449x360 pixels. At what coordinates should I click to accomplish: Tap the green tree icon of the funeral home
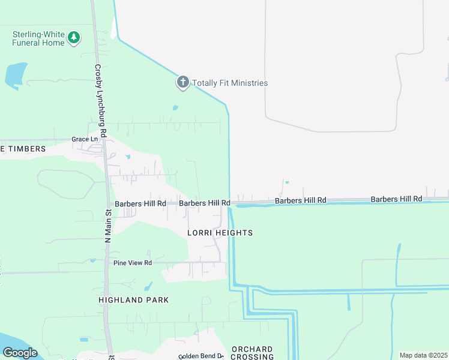[x=74, y=38]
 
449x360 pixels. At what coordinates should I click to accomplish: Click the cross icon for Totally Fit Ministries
[x=183, y=82]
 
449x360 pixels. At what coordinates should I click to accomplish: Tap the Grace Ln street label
[x=84, y=139]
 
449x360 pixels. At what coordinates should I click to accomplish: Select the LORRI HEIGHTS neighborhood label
[x=220, y=233]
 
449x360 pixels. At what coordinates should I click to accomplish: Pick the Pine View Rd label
[x=133, y=263]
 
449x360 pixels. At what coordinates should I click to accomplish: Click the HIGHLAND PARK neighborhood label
[x=134, y=300]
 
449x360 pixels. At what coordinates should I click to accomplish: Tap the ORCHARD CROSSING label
[x=252, y=353]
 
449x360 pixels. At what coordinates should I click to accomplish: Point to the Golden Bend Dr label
[x=200, y=356]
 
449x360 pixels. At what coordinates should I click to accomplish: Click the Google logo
[x=20, y=353]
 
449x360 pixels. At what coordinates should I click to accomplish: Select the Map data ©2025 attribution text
[x=424, y=355]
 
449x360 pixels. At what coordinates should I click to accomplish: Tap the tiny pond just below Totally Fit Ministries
[x=175, y=108]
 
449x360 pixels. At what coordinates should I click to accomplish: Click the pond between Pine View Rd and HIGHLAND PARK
[x=148, y=286]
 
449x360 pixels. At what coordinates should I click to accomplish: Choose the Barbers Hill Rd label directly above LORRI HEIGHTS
[x=205, y=203]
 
